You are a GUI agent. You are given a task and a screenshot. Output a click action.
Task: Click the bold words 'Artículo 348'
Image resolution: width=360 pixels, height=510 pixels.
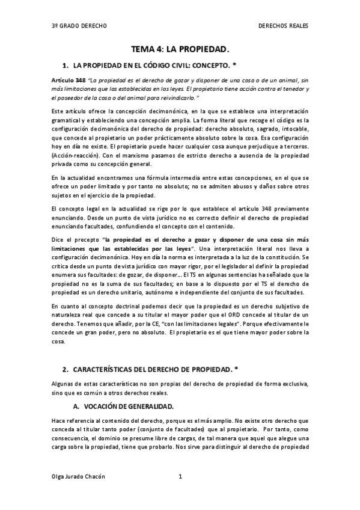69,80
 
